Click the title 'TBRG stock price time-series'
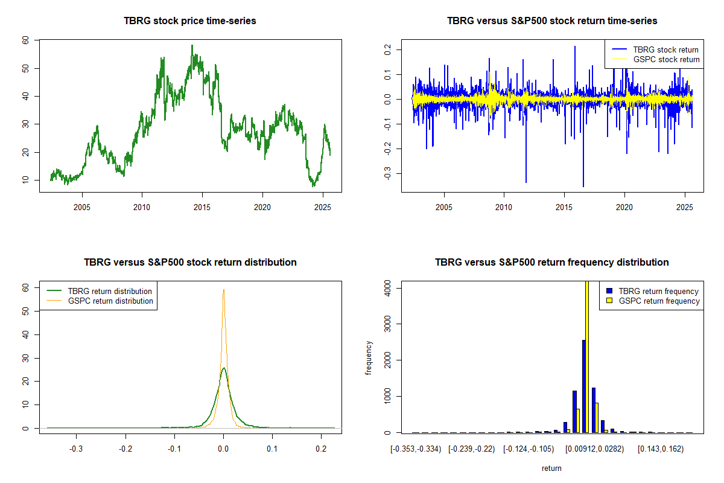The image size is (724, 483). (190, 21)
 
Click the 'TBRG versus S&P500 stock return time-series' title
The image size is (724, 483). (552, 21)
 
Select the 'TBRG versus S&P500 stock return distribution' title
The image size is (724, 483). (190, 263)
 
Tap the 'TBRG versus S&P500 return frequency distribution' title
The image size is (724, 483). (552, 263)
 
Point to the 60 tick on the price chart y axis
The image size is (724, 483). (25, 40)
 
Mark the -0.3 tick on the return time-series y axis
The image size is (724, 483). (387, 174)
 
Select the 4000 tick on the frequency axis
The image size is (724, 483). (387, 289)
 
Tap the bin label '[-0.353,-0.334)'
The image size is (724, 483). (416, 449)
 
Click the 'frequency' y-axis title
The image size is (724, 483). (369, 357)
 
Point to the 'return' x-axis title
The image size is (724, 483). (551, 468)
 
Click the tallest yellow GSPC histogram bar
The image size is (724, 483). (587, 356)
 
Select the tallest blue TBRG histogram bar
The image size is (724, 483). (583, 386)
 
